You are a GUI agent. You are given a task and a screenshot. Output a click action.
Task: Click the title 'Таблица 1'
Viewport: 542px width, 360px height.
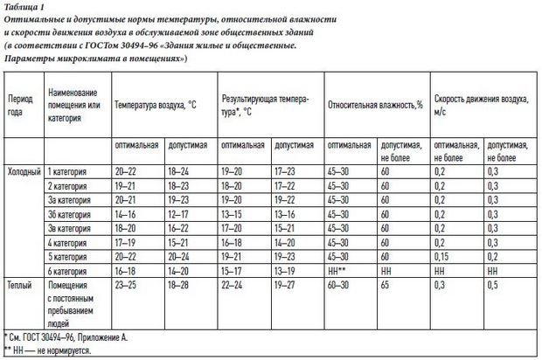coord(24,8)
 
